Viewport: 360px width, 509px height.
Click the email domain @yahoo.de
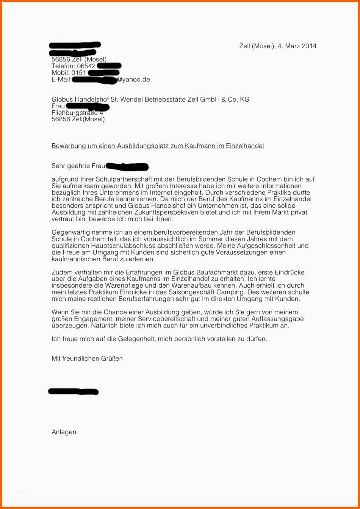coord(133,80)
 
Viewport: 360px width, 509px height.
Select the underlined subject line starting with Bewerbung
coord(158,146)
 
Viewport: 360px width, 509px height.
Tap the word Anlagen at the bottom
coord(64,432)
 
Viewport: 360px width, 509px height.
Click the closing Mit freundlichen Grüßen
coord(87,359)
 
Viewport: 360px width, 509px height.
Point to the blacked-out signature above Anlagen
coord(74,392)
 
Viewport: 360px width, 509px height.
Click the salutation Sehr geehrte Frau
coord(78,166)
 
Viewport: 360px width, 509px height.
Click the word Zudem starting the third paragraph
coord(60,273)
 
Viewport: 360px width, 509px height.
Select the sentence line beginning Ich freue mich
coord(159,339)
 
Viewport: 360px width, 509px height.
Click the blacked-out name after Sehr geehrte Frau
coord(127,166)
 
